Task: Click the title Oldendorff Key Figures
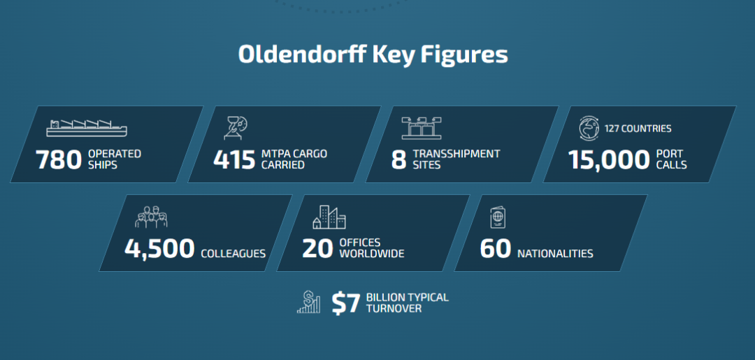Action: click(x=373, y=55)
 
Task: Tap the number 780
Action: click(x=59, y=160)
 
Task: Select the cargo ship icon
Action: click(x=87, y=127)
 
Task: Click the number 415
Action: click(x=234, y=160)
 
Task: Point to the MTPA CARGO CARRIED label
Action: click(x=294, y=160)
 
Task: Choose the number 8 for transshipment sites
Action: click(x=398, y=160)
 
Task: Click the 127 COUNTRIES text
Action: click(x=638, y=129)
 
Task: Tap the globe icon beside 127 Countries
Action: click(x=589, y=129)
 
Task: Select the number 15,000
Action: click(x=609, y=160)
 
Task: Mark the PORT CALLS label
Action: click(x=671, y=160)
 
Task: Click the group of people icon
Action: click(x=151, y=217)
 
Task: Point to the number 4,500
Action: click(x=159, y=250)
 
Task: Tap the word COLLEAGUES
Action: click(x=233, y=254)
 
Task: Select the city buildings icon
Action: click(x=329, y=217)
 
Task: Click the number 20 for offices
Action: click(x=318, y=249)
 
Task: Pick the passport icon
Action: click(x=498, y=217)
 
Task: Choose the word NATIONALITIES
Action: click(x=555, y=254)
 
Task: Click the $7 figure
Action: click(x=346, y=303)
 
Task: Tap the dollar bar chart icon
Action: click(x=309, y=302)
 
